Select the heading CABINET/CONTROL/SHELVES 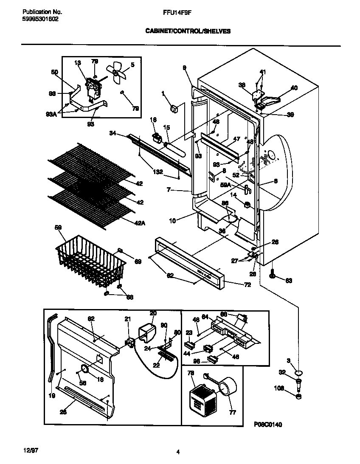tap(188, 31)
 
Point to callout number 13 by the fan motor tap(77, 63)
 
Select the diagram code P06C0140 tap(268, 424)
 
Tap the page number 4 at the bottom tap(178, 452)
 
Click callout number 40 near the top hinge tap(294, 88)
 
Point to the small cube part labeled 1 tap(174, 109)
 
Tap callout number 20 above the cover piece tap(153, 313)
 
